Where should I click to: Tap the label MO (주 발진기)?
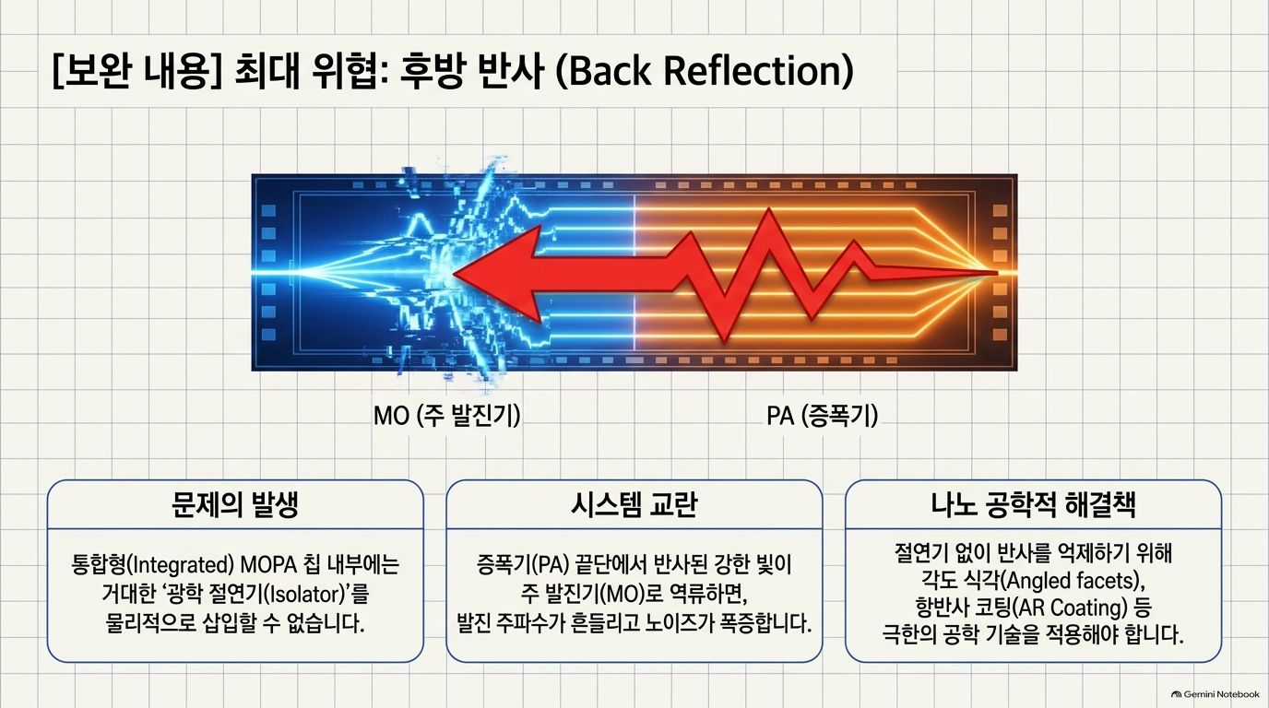[x=446, y=416]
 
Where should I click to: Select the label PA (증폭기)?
[x=822, y=416]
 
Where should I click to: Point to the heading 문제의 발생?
[x=235, y=504]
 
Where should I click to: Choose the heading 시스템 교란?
[x=634, y=504]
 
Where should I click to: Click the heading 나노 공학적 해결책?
[x=1033, y=504]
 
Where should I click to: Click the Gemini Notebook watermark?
[x=1216, y=694]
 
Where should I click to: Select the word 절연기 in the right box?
[x=921, y=553]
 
